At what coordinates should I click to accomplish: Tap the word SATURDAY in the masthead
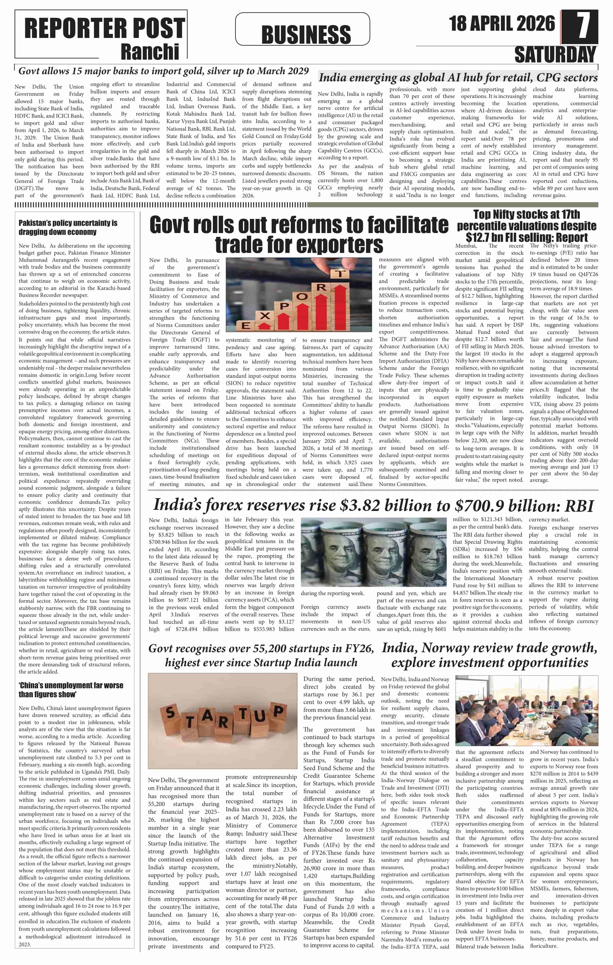(555, 55)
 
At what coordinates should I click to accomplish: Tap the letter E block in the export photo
(245, 326)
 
